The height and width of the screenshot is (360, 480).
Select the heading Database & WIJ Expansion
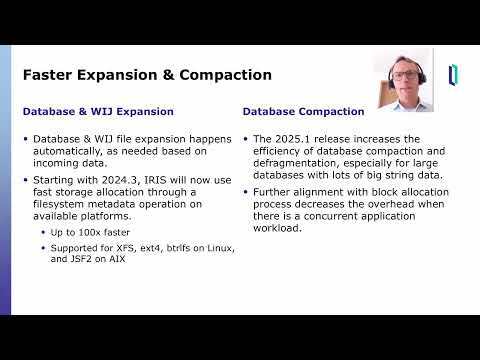coord(98,111)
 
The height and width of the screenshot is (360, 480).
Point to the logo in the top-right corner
coord(454,75)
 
